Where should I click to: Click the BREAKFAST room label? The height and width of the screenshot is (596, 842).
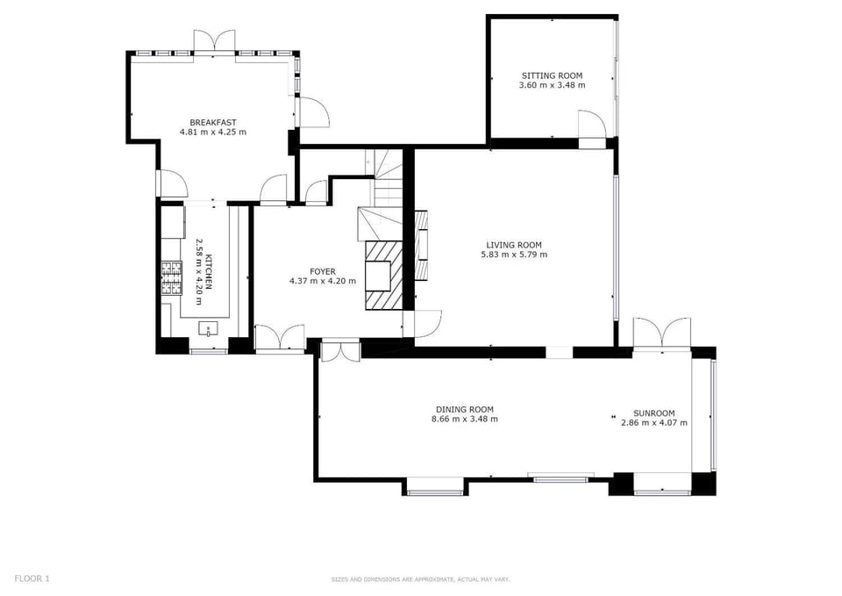click(212, 123)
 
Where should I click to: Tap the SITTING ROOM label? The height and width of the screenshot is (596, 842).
click(552, 75)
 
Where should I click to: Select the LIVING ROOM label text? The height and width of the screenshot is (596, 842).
click(514, 245)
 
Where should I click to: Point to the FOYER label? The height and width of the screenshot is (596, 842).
click(322, 271)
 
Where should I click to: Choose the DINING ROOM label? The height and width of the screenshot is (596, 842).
click(465, 410)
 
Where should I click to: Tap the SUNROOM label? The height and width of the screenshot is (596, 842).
click(654, 413)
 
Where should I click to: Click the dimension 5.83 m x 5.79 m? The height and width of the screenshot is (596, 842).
click(514, 255)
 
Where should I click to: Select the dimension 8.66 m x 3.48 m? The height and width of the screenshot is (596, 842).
click(465, 420)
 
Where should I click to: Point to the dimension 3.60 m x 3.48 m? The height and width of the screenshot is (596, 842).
click(552, 85)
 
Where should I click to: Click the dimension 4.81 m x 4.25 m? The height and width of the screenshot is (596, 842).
click(212, 133)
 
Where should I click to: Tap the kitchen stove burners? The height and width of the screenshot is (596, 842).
click(172, 278)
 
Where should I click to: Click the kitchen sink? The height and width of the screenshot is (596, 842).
click(208, 327)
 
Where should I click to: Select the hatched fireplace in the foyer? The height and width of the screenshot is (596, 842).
click(383, 275)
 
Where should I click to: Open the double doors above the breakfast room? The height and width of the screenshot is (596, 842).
click(214, 43)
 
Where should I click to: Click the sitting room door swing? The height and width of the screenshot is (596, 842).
click(592, 126)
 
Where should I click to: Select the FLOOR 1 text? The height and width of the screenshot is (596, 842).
click(32, 578)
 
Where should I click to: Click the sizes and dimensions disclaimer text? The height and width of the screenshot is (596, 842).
click(420, 579)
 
